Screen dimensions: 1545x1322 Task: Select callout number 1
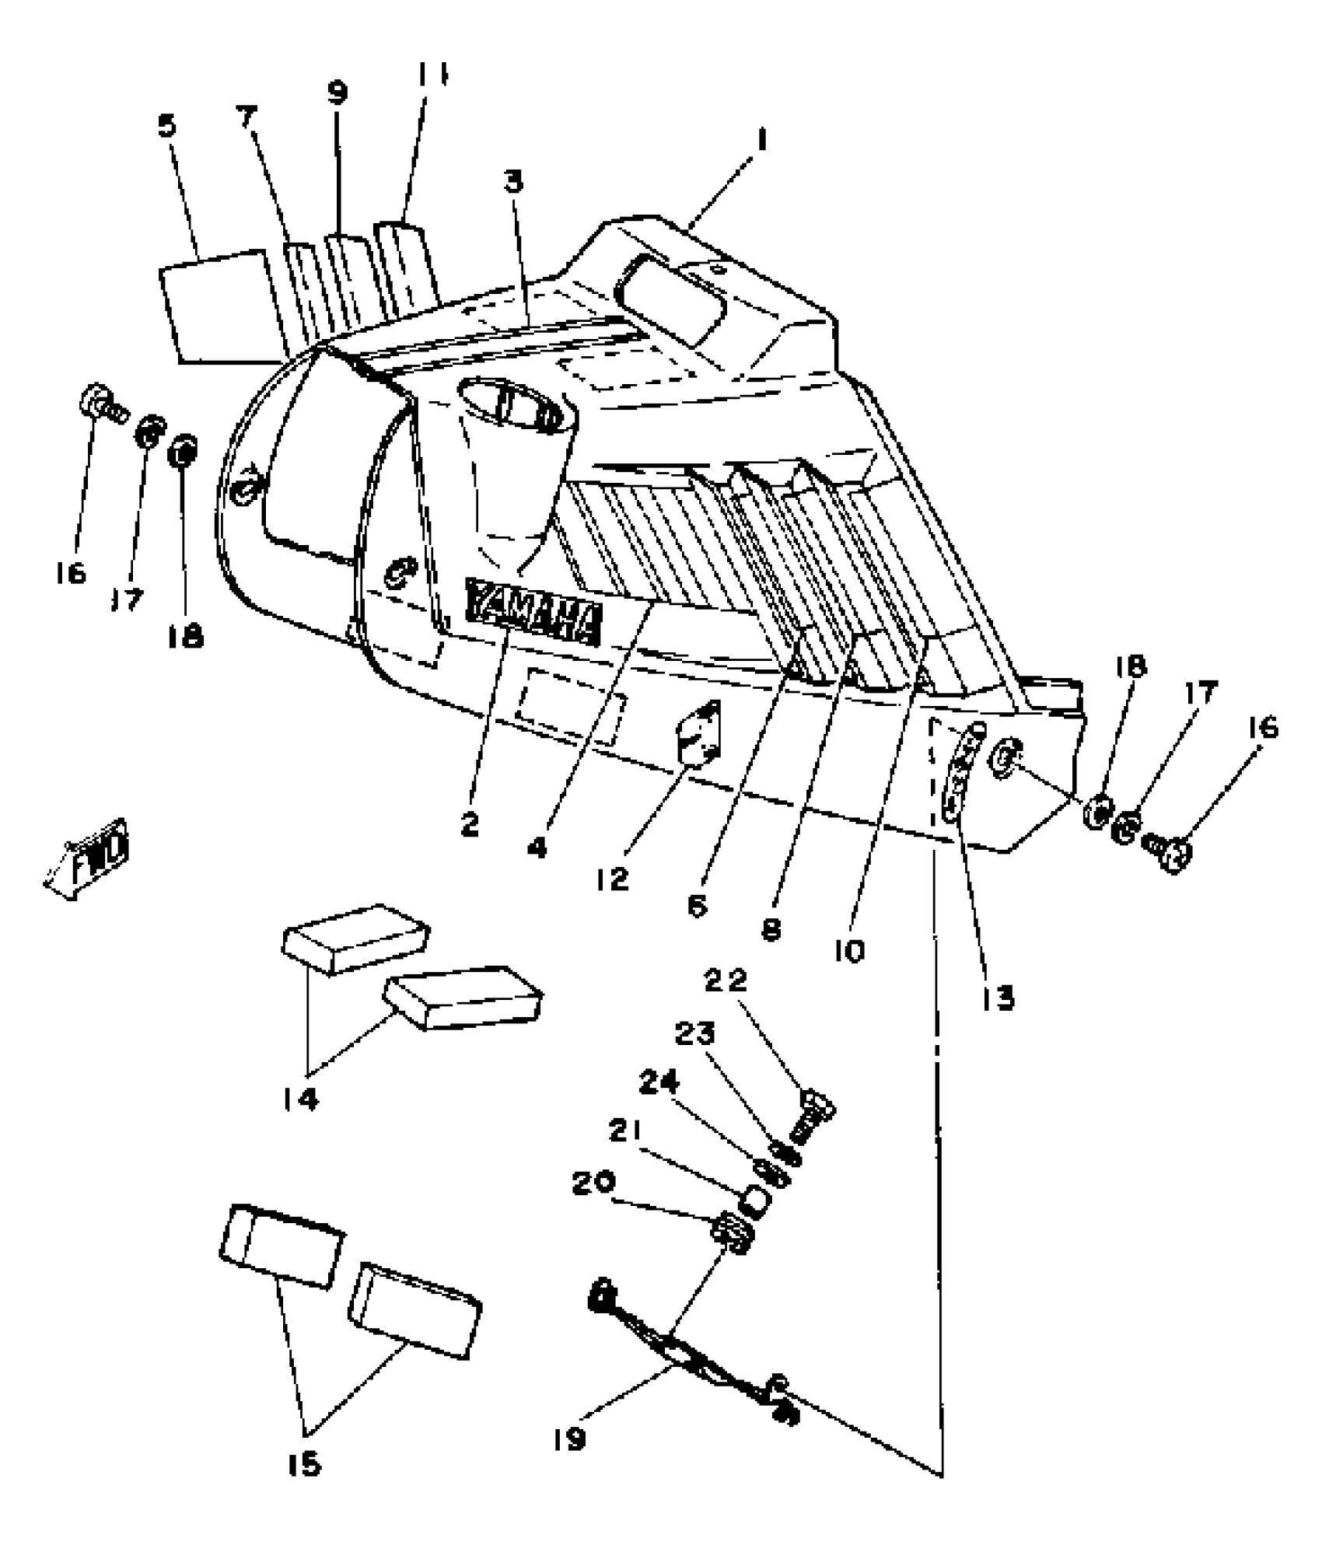pyautogui.click(x=761, y=141)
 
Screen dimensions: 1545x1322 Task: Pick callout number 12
pyautogui.click(x=614, y=880)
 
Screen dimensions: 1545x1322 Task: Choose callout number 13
pyautogui.click(x=998, y=998)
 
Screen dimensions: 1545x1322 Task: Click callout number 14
pyautogui.click(x=301, y=1099)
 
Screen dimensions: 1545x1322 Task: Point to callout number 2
pyautogui.click(x=469, y=826)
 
